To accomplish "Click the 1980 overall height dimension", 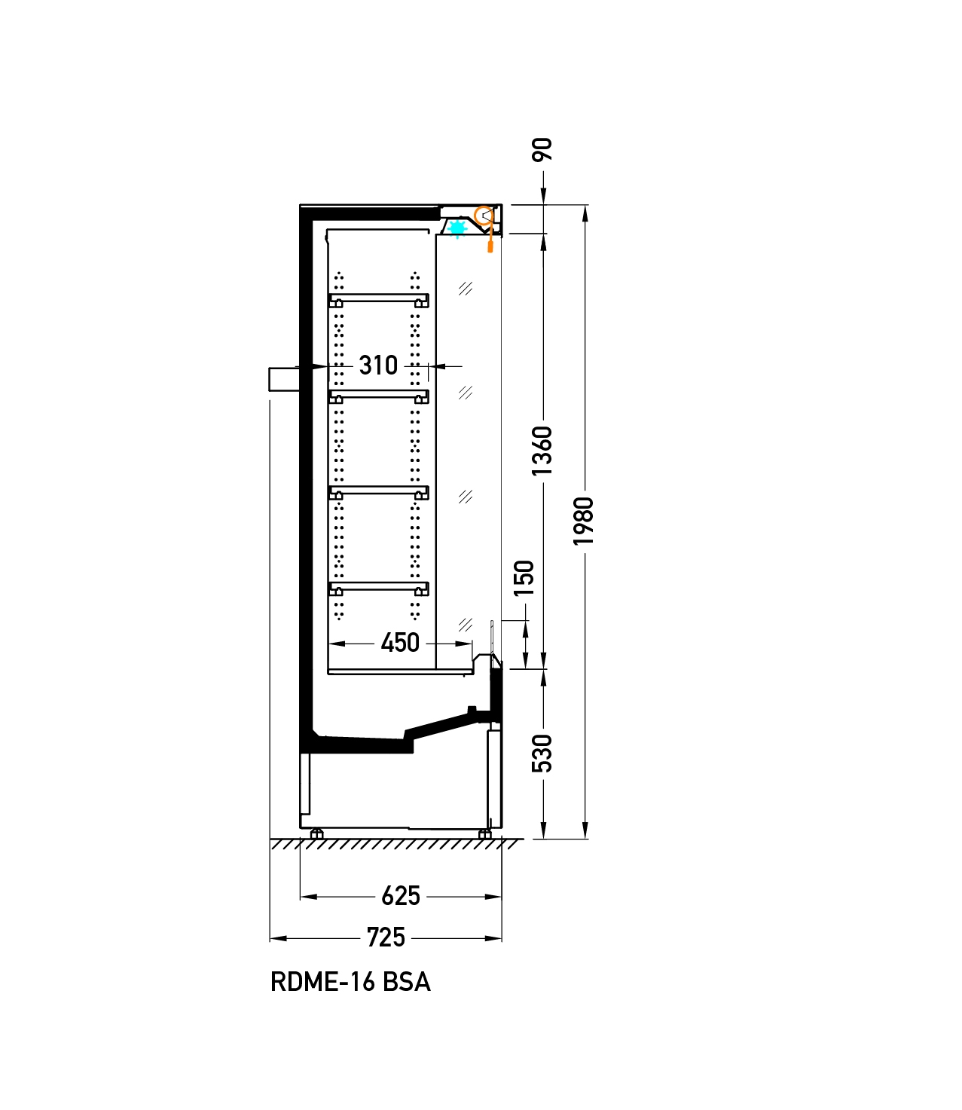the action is (584, 521).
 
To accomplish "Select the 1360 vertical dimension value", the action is (542, 451).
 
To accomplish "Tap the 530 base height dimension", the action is (542, 754).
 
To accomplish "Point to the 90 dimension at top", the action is (542, 149).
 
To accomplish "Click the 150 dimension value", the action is (524, 578).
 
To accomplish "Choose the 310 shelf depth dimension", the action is (378, 365).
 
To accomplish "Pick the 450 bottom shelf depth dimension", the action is (400, 643).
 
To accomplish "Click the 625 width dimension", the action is (401, 896).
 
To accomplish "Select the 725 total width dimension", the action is (386, 937).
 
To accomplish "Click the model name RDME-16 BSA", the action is (350, 982).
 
